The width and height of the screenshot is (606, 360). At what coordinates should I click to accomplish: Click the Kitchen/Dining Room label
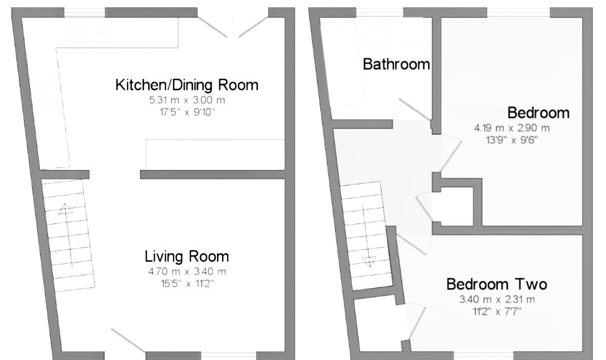(x=187, y=85)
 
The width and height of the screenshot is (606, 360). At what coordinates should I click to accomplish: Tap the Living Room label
(x=186, y=256)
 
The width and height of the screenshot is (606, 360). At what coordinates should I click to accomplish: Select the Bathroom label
(x=396, y=64)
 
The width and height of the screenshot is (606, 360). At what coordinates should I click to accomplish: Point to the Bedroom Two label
(x=496, y=284)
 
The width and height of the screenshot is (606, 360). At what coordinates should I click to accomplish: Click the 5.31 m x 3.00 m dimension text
(x=187, y=100)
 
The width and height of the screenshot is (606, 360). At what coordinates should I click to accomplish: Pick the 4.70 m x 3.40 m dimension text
(x=187, y=271)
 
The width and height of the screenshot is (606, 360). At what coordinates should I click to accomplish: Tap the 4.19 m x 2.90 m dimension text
(x=512, y=128)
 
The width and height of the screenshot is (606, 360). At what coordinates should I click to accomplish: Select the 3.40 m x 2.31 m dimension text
(x=497, y=299)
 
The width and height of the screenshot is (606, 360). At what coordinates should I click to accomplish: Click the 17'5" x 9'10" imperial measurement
(x=187, y=112)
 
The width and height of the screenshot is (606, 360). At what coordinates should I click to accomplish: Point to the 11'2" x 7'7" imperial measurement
(x=497, y=311)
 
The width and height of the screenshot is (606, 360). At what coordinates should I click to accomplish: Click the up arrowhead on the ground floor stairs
(x=65, y=209)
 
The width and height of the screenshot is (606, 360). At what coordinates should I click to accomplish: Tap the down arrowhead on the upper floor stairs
(x=369, y=262)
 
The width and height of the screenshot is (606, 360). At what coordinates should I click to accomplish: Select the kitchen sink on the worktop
(x=91, y=32)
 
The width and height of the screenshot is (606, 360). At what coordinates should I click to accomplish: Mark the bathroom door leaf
(x=415, y=109)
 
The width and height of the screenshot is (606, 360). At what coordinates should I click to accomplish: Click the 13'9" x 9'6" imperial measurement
(x=512, y=140)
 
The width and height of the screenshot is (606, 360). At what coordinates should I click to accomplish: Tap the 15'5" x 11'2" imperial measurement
(x=187, y=283)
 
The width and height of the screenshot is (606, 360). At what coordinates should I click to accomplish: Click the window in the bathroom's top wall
(x=379, y=12)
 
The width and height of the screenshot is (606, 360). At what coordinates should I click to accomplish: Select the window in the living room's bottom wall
(x=228, y=355)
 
